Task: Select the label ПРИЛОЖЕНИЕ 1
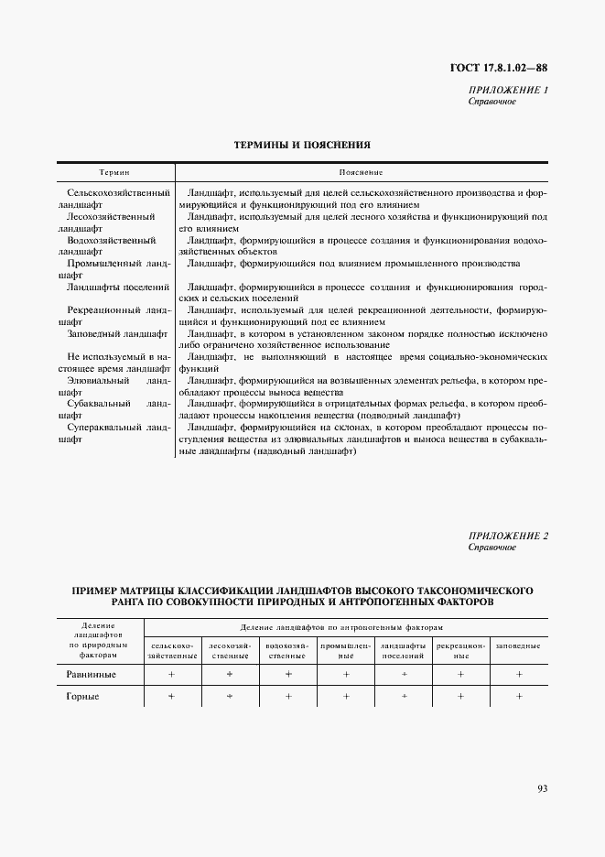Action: point(507,90)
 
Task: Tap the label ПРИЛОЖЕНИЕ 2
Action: point(507,536)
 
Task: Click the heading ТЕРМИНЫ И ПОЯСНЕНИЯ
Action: point(302,144)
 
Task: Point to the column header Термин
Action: point(114,172)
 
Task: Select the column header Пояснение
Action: point(361,172)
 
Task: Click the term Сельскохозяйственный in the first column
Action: point(119,193)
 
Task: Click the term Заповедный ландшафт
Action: point(117,334)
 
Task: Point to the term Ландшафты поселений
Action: point(119,287)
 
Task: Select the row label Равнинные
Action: point(92,674)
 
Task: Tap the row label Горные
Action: point(83,697)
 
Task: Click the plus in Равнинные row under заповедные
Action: point(519,674)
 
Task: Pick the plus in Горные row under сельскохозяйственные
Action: point(171,697)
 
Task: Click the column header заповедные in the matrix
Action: point(518,645)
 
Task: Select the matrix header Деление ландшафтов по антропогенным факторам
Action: point(341,628)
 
